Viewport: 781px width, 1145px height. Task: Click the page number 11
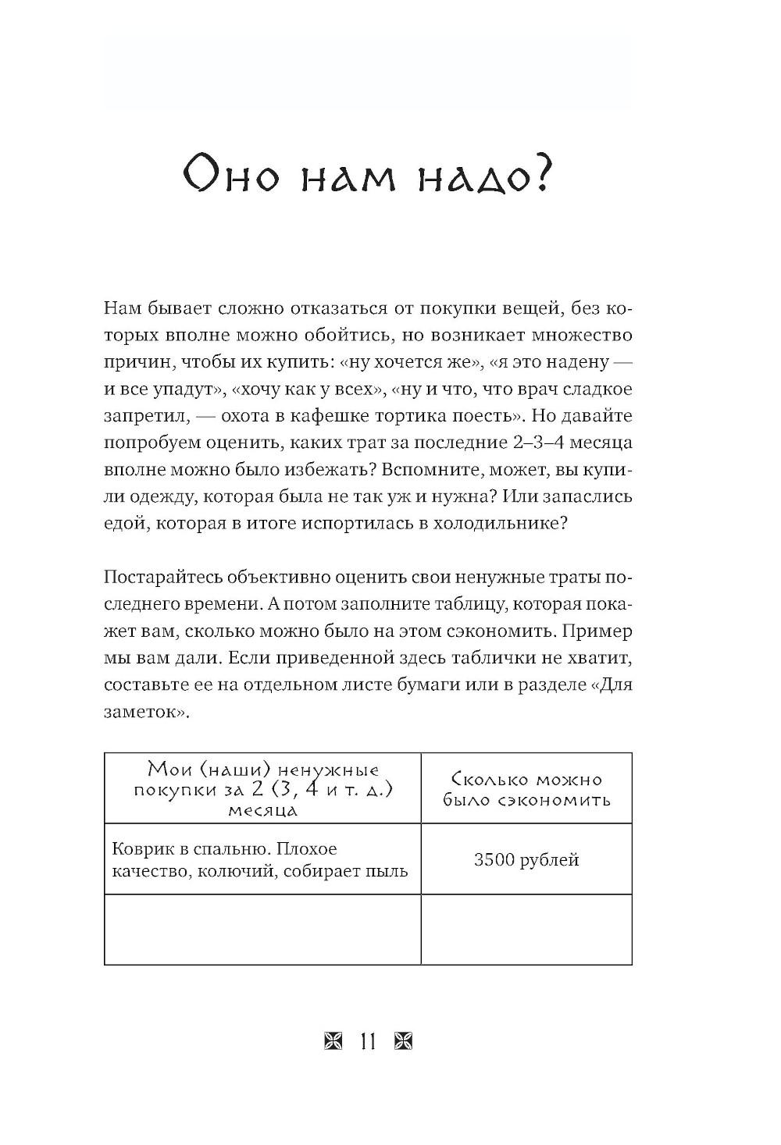pos(368,1041)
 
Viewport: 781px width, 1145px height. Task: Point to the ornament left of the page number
pos(333,1041)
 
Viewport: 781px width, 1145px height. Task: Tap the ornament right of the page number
pos(403,1041)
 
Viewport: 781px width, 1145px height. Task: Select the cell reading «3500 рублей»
pos(526,860)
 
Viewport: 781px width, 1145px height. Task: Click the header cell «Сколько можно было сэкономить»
pos(526,789)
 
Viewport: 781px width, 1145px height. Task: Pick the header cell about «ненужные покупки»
pos(262,789)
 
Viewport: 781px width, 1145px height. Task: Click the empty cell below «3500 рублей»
pos(526,930)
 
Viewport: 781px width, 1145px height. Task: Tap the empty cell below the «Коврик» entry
pos(262,930)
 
